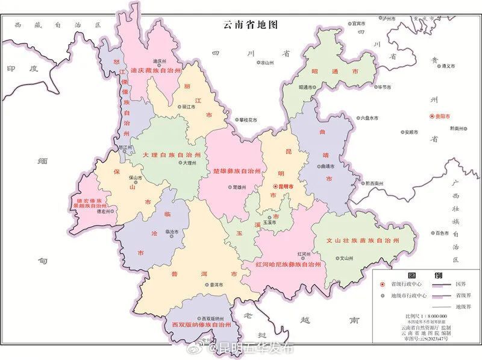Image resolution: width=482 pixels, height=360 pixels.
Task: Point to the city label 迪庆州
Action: (x=159, y=62)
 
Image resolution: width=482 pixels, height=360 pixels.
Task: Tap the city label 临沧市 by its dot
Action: (x=171, y=232)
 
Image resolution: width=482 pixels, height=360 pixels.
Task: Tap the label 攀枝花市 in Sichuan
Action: (x=247, y=120)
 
